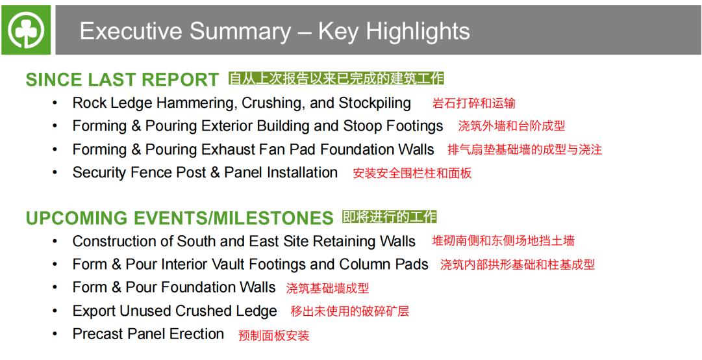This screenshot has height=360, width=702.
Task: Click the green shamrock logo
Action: (x=26, y=30)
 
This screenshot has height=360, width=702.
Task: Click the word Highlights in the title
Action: (x=418, y=31)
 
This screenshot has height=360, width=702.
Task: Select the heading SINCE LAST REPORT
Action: (x=122, y=80)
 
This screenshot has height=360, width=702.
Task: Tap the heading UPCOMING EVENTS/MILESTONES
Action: (x=179, y=218)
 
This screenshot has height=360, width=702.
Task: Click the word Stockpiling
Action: (x=375, y=103)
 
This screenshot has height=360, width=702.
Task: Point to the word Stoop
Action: (x=362, y=126)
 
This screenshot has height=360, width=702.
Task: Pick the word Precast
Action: (x=97, y=334)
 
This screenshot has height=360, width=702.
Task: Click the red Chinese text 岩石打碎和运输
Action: (x=473, y=103)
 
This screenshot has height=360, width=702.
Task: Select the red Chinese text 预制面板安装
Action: (x=273, y=335)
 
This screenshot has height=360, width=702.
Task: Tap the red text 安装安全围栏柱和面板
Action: (x=412, y=174)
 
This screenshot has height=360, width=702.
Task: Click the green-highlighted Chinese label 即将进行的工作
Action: (x=389, y=217)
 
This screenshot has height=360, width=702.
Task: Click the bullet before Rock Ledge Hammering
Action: (x=55, y=103)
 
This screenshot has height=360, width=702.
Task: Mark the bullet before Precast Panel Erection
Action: (x=55, y=334)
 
